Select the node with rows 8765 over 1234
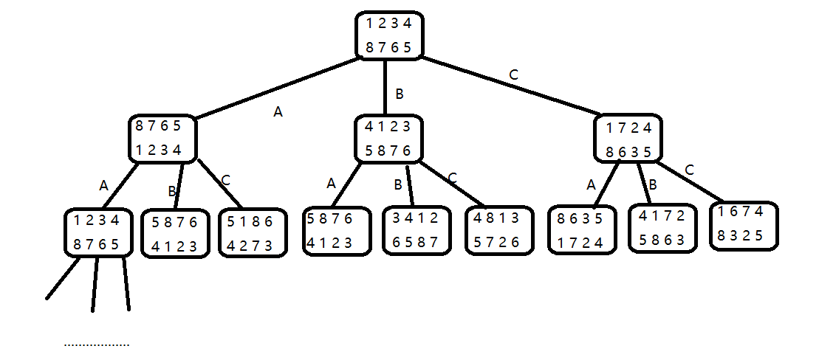162,139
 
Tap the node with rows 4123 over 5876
388,139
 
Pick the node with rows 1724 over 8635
628,139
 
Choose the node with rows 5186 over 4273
250,233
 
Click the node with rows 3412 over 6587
416,230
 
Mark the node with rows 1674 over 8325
745,225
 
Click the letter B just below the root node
400,94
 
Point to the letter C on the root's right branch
514,75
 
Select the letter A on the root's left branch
278,112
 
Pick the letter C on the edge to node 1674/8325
689,170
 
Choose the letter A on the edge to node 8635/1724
591,185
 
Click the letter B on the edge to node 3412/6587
397,184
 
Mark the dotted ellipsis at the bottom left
96,345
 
